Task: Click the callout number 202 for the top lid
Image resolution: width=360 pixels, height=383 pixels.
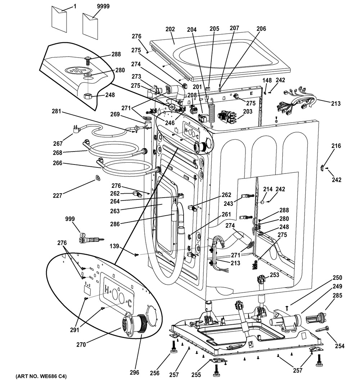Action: coord(170,30)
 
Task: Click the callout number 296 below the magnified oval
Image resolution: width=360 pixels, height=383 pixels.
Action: coord(134,373)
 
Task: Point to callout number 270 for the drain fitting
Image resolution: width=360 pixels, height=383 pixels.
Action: coord(81,344)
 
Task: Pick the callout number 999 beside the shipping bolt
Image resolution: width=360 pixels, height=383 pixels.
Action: coord(70,219)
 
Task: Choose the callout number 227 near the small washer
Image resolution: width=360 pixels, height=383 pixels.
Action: coord(57,195)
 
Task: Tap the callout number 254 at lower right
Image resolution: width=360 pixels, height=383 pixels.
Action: coord(339,346)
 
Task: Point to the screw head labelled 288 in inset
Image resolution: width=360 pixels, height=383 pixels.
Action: coord(88,60)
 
